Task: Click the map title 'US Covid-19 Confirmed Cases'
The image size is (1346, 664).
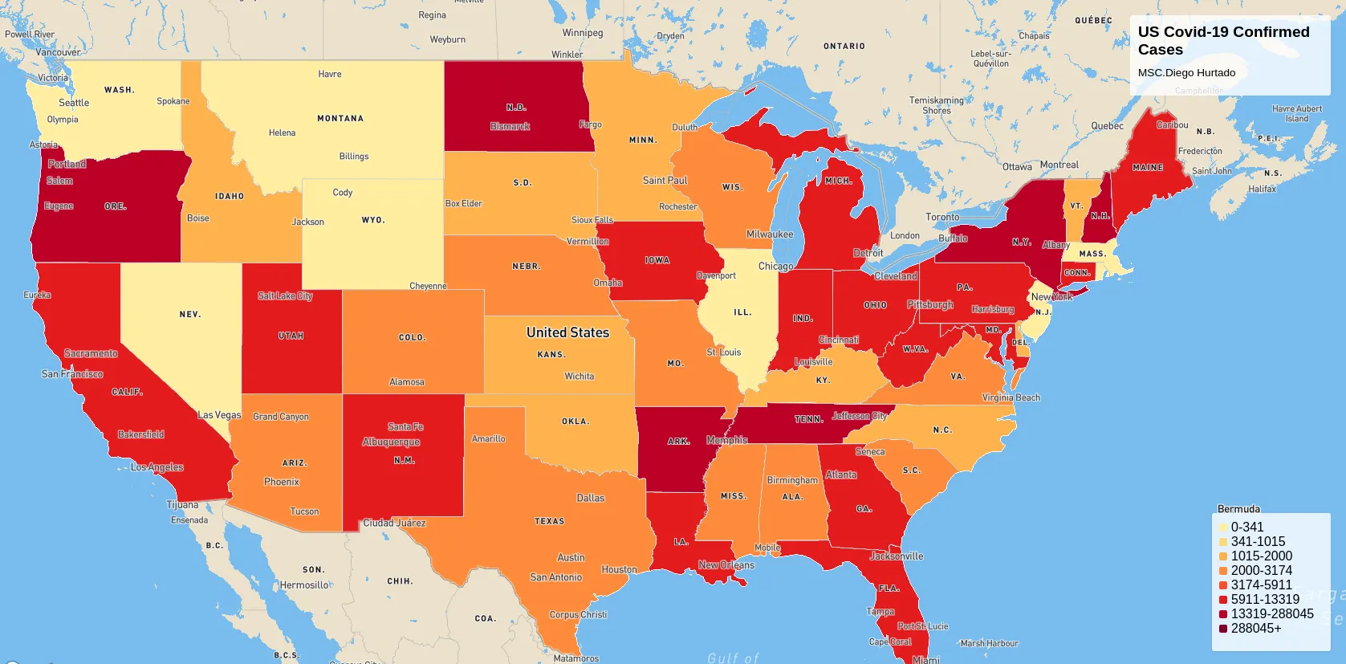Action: (1222, 41)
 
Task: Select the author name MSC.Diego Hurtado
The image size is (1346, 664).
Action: (1186, 73)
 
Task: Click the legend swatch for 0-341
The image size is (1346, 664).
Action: (1223, 528)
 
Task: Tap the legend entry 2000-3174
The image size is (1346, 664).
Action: (1261, 571)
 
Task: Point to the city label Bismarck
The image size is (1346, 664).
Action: (510, 127)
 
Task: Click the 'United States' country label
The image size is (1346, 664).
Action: (567, 332)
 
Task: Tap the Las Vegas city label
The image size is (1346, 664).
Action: (219, 415)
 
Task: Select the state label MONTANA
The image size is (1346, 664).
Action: (340, 119)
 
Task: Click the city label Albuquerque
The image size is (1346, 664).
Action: (391, 442)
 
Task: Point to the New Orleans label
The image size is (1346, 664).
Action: (726, 565)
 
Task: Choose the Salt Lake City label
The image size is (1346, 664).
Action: (285, 296)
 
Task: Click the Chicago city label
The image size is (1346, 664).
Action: (775, 267)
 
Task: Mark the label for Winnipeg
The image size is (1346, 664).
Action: (582, 33)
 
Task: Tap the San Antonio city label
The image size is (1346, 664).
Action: (555, 577)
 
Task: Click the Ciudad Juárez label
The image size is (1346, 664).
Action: (394, 523)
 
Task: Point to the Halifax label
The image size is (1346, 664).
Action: (1262, 189)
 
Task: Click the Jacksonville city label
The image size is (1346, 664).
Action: (897, 556)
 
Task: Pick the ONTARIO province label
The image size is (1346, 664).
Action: (844, 47)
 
